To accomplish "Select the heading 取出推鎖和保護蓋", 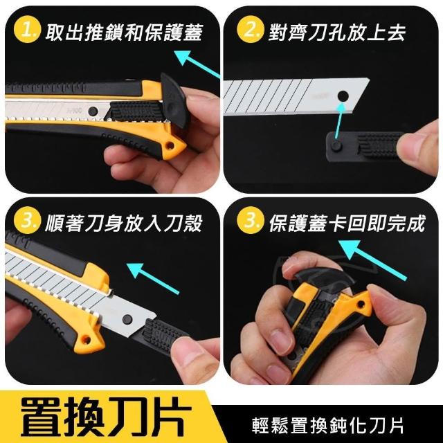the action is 125,33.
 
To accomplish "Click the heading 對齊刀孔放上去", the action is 337,33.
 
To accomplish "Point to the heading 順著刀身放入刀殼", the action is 124,223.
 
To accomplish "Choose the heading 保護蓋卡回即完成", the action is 347,223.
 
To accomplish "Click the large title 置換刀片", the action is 106,417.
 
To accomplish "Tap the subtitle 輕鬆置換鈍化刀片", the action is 327,426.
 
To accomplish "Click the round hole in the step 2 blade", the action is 343,95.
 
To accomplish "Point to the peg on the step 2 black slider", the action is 336,145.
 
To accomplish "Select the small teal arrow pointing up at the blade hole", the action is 339,120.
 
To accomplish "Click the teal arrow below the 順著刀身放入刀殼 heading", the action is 153,278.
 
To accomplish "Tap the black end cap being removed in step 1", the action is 174,100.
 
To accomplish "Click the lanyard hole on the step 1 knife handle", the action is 170,146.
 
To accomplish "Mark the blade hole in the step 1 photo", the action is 93,111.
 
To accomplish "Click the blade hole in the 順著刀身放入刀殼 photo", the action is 127,318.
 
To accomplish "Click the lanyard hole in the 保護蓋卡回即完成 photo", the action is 361,305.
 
